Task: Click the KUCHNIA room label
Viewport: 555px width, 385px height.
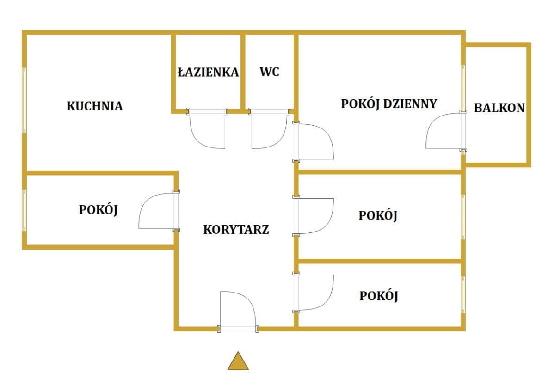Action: pos(95,106)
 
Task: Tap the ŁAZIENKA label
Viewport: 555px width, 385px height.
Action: pos(208,72)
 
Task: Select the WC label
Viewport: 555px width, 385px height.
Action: pos(269,72)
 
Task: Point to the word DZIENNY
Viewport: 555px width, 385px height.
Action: pos(410,104)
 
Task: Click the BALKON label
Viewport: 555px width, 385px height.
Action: pos(499,108)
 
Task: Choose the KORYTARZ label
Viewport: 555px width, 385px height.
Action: pos(236,230)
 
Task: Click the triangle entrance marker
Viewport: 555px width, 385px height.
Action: pos(238,361)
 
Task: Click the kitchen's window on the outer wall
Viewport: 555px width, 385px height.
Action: pos(24,100)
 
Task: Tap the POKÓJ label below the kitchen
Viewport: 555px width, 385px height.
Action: pos(98,210)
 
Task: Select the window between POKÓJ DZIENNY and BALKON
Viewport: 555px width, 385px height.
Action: pos(463,88)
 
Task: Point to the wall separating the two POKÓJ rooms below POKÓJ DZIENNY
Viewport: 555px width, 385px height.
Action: pos(379,261)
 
